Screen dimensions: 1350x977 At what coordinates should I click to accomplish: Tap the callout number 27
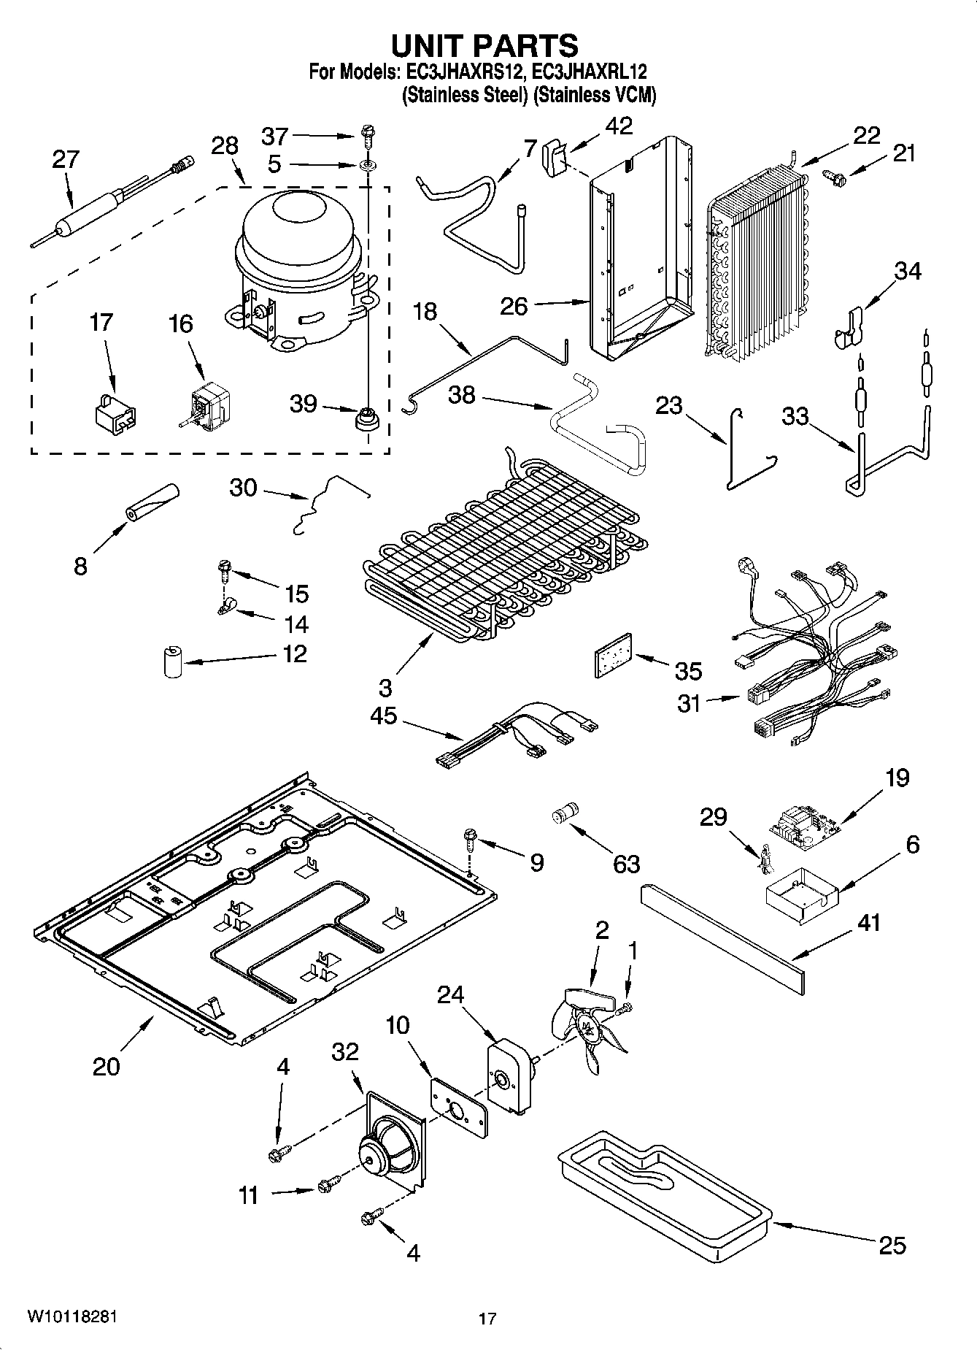[x=65, y=159]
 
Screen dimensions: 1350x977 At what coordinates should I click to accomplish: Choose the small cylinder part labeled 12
[x=172, y=661]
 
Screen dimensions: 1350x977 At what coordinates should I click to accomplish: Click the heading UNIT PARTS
[x=484, y=45]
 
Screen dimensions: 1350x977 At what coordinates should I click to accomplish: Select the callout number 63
[x=626, y=864]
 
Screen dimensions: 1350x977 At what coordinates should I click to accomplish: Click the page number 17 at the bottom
[x=487, y=1318]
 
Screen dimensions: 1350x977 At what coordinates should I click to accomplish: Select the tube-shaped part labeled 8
[x=153, y=503]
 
